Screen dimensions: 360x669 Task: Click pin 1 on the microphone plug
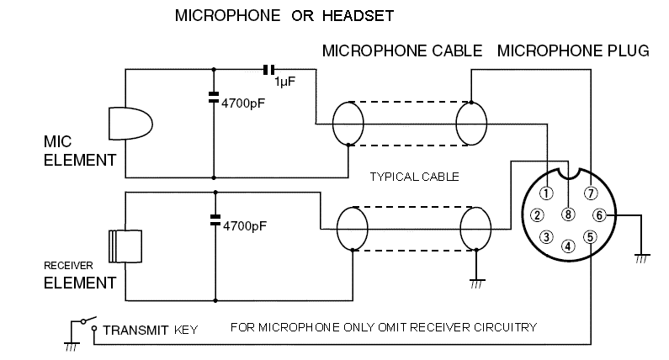tap(546, 193)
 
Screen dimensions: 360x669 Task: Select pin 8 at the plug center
tap(569, 214)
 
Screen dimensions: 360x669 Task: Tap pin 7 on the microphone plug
tap(592, 193)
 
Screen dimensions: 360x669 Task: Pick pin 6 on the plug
tap(600, 214)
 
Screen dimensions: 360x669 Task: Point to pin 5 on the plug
tap(592, 236)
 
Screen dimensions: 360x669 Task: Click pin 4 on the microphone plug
tap(569, 246)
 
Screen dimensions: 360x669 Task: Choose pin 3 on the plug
tap(546, 236)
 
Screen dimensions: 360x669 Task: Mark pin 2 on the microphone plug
tap(537, 214)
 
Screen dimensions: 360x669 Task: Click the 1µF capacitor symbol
tap(269, 68)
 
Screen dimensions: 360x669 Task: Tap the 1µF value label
tap(284, 82)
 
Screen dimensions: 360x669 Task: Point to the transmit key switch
tap(84, 323)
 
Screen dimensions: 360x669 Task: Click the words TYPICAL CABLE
tap(415, 177)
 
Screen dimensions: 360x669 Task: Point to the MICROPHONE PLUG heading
tap(573, 51)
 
